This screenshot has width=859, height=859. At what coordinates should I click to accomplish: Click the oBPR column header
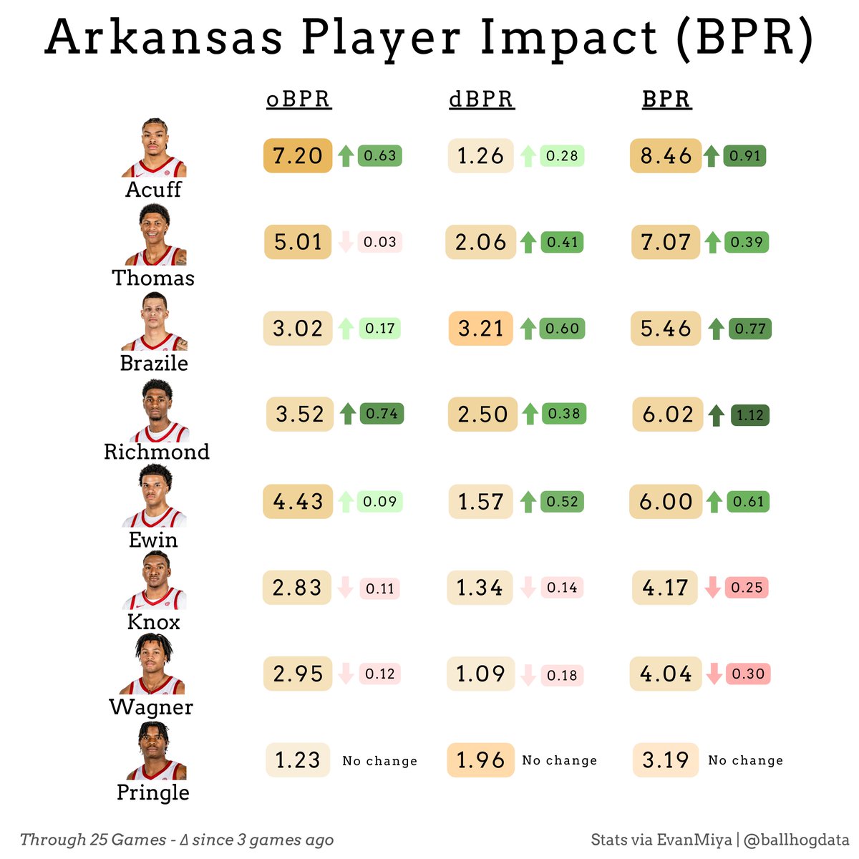click(299, 100)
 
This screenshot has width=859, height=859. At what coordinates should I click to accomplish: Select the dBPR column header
click(481, 100)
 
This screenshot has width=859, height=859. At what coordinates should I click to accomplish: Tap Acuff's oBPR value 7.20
click(298, 155)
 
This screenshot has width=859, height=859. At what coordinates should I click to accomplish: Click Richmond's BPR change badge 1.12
click(749, 415)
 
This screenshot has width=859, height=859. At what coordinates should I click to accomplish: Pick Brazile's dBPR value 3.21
click(480, 329)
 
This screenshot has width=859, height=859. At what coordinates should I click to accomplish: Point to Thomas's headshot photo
click(155, 236)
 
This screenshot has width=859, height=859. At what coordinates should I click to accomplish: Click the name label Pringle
click(153, 792)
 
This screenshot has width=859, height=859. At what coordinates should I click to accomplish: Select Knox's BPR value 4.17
click(665, 588)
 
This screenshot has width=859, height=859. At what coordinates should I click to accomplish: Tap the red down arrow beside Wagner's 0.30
click(714, 674)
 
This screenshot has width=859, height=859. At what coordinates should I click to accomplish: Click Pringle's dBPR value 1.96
click(480, 760)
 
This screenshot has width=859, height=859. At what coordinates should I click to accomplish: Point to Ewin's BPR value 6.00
click(666, 501)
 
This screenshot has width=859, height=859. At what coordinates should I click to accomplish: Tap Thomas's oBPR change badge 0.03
click(379, 242)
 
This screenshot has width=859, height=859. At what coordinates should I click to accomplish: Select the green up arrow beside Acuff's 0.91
click(711, 155)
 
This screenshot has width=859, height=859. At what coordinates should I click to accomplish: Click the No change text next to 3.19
click(745, 760)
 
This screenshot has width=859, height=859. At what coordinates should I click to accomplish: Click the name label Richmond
click(157, 452)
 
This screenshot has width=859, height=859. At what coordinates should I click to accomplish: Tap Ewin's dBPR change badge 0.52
click(562, 501)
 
